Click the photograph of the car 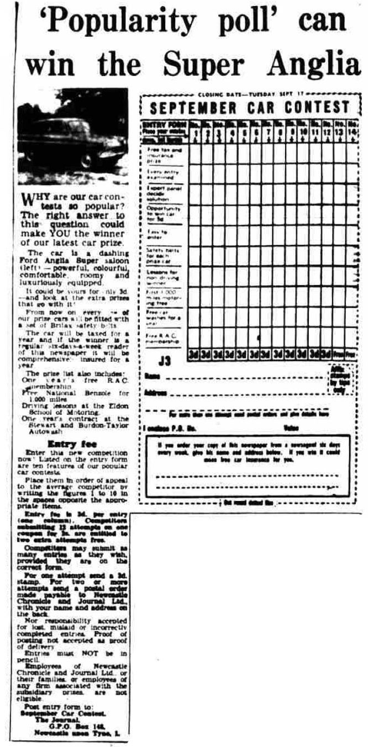click(x=72, y=136)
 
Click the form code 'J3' click(x=165, y=361)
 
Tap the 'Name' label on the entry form click(x=149, y=376)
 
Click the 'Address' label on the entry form click(x=153, y=393)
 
